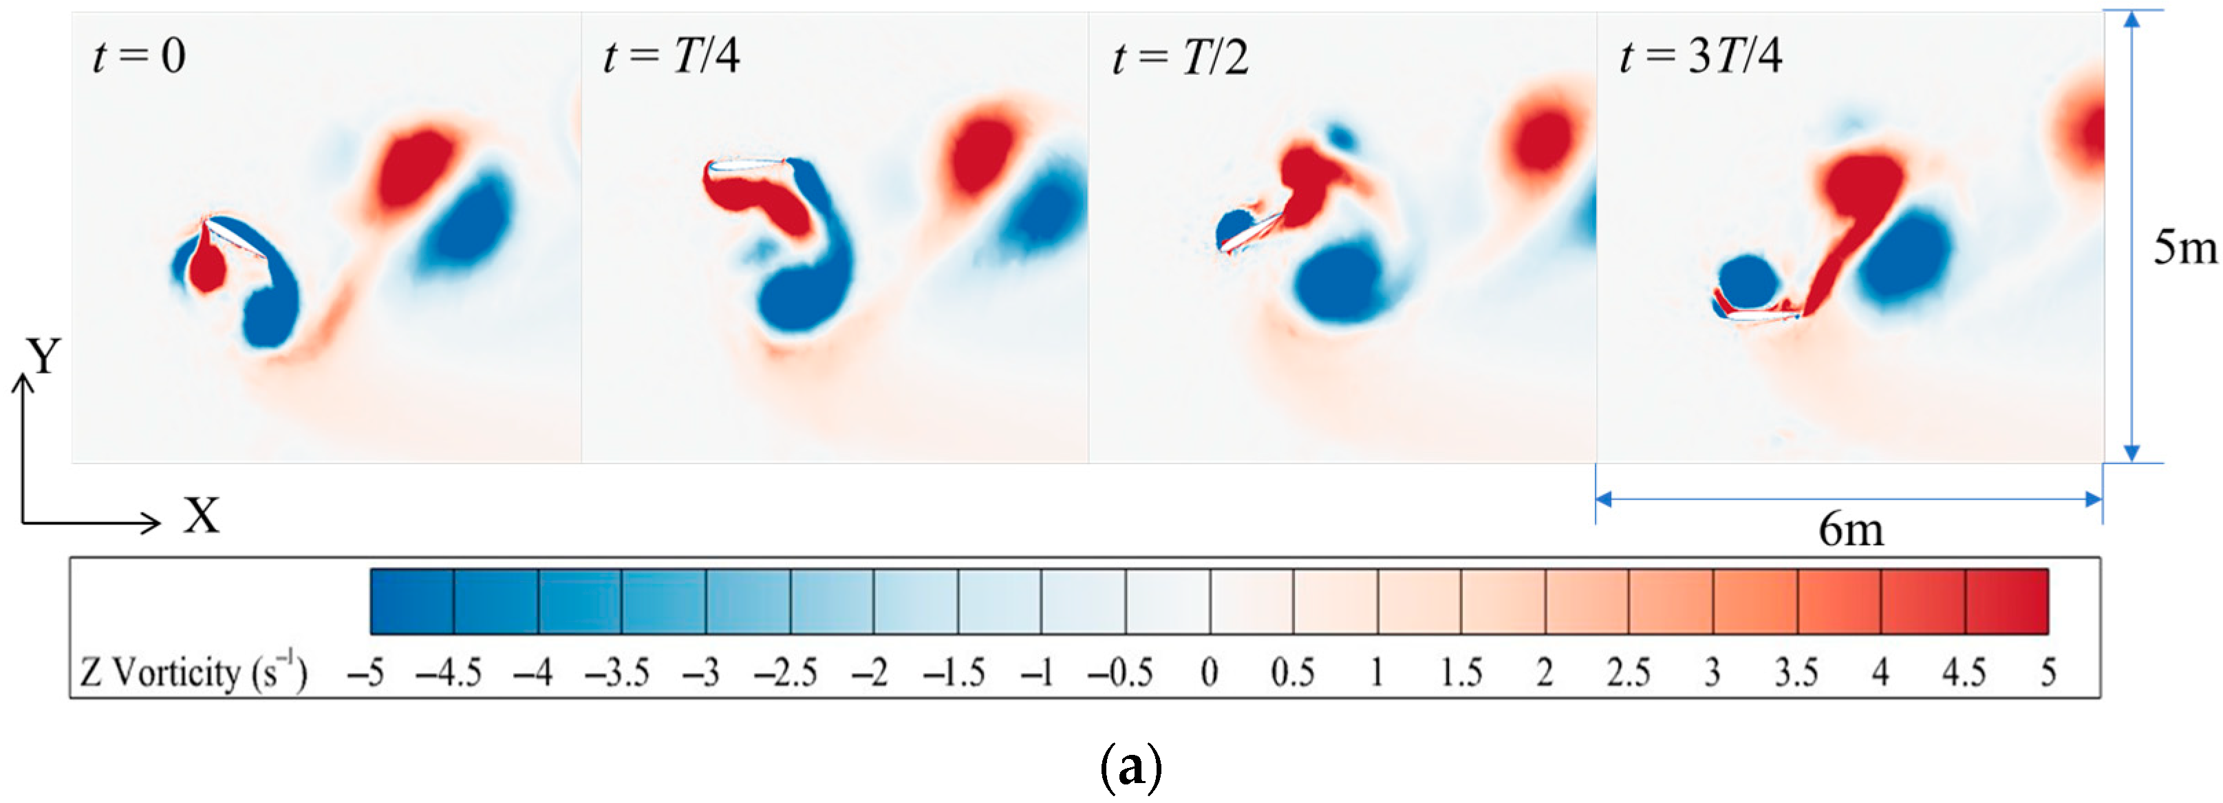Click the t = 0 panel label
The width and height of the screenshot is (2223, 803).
(139, 57)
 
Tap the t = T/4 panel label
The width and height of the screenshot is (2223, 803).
(671, 57)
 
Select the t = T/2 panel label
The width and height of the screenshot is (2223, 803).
(1180, 57)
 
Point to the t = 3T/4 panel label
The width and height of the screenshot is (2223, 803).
(1700, 57)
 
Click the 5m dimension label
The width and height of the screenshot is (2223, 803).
(2183, 248)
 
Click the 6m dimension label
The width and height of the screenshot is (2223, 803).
(1851, 529)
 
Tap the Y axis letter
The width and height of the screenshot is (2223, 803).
(43, 356)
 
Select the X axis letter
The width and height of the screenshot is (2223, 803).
(201, 516)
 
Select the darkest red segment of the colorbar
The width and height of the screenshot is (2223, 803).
(2006, 601)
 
